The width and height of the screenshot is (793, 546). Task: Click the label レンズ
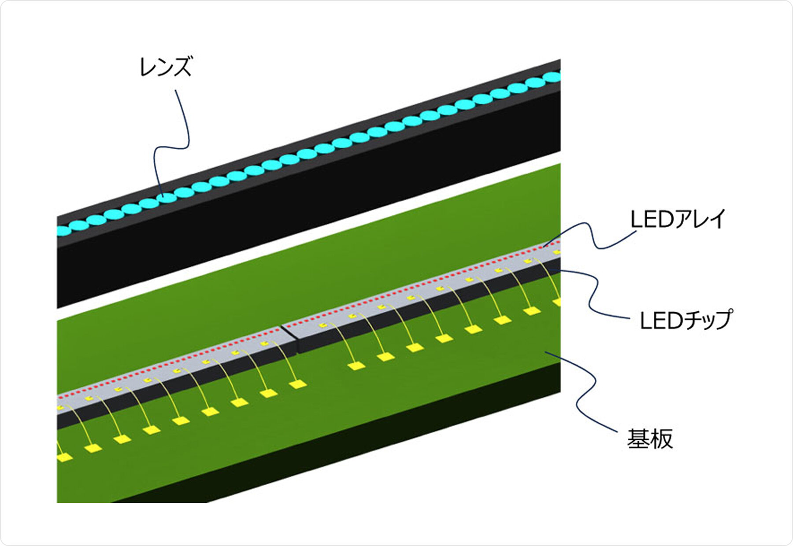(166, 67)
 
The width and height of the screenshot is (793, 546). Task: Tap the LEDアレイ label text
(678, 219)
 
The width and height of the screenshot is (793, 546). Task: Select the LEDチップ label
(685, 321)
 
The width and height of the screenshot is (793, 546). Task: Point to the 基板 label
(650, 439)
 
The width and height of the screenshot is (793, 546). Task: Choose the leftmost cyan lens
(64, 230)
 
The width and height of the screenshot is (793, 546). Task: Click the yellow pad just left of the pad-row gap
(298, 384)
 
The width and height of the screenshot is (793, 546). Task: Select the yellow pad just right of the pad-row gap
(356, 365)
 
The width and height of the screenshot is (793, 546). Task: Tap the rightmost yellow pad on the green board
(557, 302)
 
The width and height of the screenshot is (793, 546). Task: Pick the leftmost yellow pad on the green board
(64, 457)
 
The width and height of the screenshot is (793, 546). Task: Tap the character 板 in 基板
(662, 439)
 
